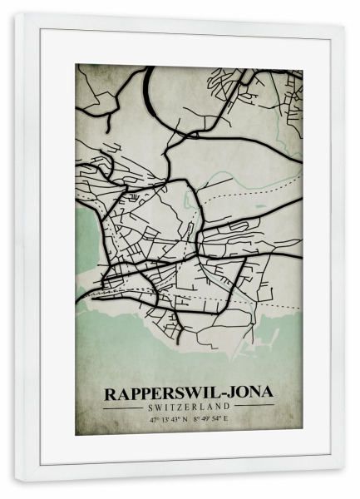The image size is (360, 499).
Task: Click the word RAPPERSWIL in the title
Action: pyautogui.click(x=156, y=392)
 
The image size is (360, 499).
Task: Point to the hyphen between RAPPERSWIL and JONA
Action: pyautogui.click(x=213, y=393)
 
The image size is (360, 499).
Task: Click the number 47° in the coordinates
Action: pyautogui.click(x=154, y=420)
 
